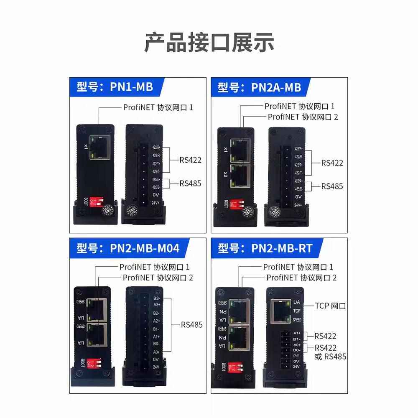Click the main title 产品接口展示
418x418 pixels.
(209, 43)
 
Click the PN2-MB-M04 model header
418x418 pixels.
(128, 248)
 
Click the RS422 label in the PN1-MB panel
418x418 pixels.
(190, 160)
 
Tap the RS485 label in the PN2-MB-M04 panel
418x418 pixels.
(191, 324)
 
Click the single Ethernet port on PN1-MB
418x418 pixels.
(100, 147)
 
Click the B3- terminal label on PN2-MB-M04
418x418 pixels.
(157, 298)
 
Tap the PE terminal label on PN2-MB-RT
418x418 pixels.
(296, 355)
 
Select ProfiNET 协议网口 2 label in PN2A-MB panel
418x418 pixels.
(303, 117)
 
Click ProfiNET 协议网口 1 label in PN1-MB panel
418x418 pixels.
(158, 107)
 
